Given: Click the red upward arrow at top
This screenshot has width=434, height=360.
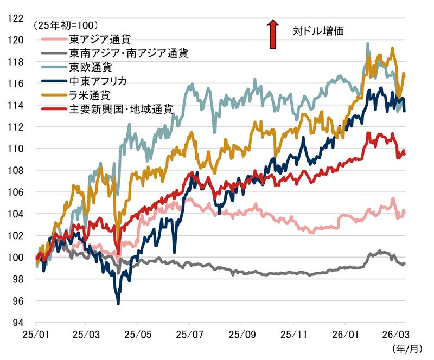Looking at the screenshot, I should (273, 33).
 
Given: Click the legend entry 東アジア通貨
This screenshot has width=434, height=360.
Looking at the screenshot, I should (100, 40).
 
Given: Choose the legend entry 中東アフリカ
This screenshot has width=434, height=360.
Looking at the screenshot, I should (98, 81).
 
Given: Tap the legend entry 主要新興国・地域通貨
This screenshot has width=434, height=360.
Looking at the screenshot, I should (121, 109).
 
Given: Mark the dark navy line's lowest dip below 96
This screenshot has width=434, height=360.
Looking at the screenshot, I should (118, 303).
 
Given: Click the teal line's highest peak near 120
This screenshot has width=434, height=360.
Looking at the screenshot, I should (368, 44).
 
